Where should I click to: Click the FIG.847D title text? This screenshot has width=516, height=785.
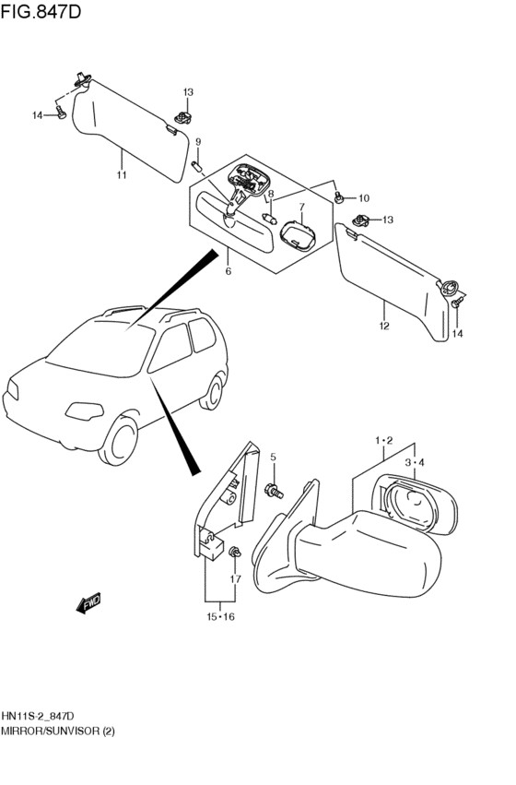[x=41, y=11]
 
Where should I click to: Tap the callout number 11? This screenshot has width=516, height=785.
[x=122, y=175]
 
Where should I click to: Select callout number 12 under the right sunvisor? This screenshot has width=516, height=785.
[x=384, y=327]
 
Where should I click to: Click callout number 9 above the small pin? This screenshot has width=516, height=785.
[x=198, y=142]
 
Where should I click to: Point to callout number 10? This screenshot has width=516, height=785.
[x=363, y=198]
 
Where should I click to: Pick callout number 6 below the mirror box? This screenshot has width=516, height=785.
[x=229, y=271]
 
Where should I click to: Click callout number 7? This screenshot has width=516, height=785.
[x=301, y=206]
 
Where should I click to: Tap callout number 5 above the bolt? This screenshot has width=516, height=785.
[x=274, y=458]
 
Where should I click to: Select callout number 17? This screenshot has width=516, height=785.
[x=235, y=579]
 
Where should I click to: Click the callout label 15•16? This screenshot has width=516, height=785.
[x=220, y=617]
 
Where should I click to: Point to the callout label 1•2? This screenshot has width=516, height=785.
[x=384, y=441]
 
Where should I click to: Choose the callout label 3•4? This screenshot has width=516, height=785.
[x=415, y=462]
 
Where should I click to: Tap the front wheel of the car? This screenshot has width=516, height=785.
[x=119, y=441]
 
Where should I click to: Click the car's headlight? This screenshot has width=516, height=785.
[x=85, y=411]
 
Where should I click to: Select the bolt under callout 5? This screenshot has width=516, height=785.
[x=275, y=491]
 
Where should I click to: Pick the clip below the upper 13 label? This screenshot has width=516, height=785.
[x=184, y=119]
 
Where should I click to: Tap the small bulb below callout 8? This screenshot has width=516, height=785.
[x=270, y=219]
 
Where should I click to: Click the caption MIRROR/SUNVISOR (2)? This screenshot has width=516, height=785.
[x=57, y=731]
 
